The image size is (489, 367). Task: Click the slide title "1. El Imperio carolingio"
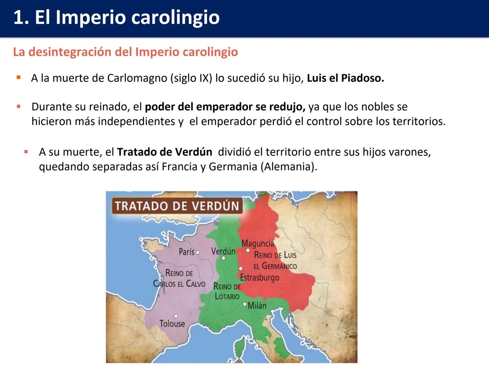click(x=116, y=17)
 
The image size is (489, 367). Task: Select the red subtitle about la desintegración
click(x=125, y=52)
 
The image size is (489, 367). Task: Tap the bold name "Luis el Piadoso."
click(x=345, y=78)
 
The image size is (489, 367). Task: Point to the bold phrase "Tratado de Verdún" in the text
click(x=164, y=152)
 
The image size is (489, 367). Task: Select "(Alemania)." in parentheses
click(x=289, y=167)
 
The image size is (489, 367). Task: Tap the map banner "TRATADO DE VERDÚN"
click(x=177, y=206)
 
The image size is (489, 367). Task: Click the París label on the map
click(x=186, y=252)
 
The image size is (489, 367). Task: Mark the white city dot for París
click(x=198, y=252)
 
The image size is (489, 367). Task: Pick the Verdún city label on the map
click(x=223, y=251)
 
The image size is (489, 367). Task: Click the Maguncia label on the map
click(x=257, y=243)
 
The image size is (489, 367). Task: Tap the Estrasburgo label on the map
click(x=259, y=277)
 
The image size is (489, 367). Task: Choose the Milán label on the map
click(x=257, y=305)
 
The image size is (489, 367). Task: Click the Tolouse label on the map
click(x=172, y=324)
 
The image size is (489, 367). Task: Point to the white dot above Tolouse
click(x=176, y=316)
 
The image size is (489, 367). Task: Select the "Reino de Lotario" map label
click(x=227, y=292)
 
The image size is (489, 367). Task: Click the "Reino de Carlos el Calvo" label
click(x=179, y=278)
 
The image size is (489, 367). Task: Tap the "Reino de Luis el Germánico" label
click(x=275, y=260)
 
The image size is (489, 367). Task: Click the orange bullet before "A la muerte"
click(x=19, y=78)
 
